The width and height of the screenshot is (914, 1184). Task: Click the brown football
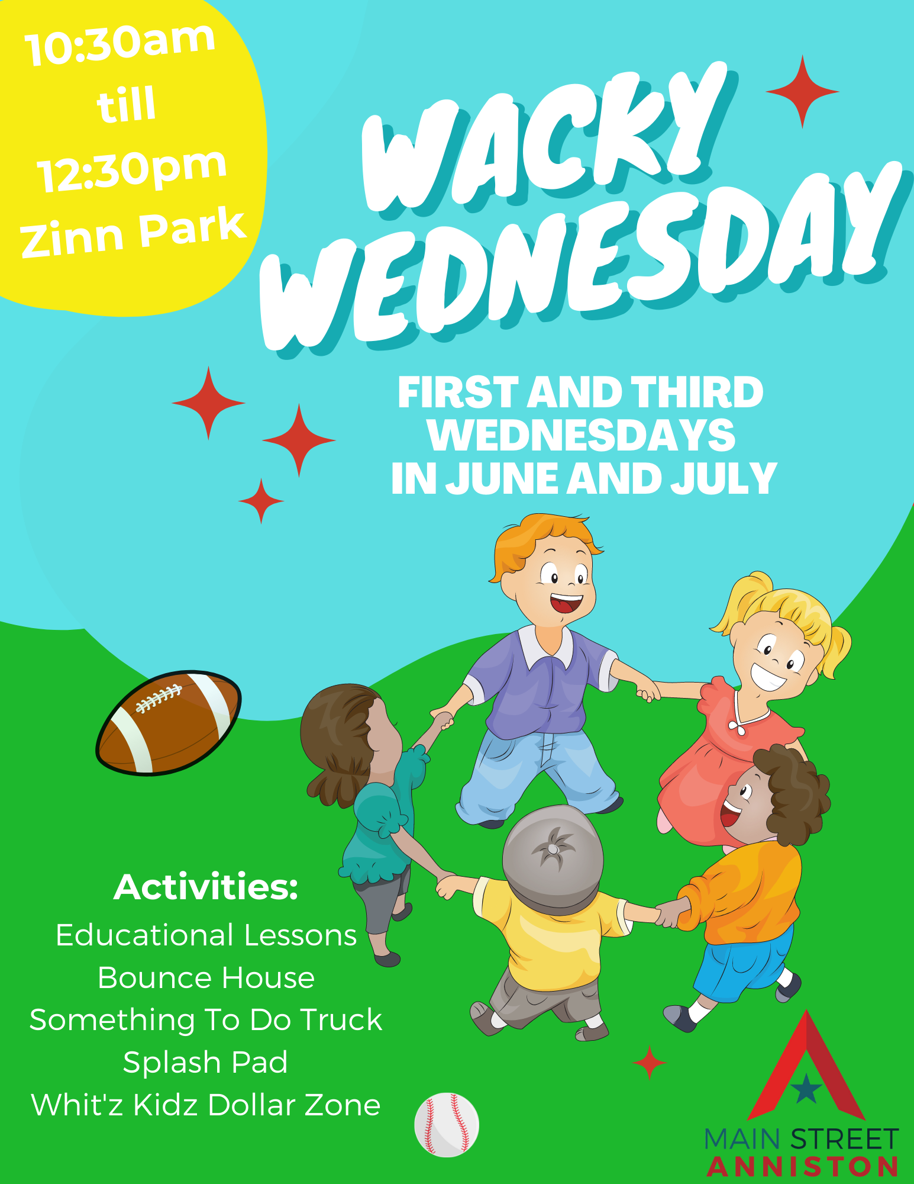tap(169, 722)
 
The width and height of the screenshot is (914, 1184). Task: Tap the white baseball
tap(447, 1125)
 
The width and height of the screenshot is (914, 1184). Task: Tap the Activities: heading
tap(206, 887)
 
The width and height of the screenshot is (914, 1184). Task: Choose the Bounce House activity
tap(206, 977)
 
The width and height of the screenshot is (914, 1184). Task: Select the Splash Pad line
tap(205, 1062)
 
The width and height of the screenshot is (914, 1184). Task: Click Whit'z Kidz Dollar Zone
tap(205, 1105)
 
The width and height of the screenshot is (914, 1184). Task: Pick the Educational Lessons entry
tap(206, 935)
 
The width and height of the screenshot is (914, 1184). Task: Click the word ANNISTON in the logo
tap(802, 1167)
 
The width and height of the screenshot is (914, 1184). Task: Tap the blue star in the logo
tap(806, 1090)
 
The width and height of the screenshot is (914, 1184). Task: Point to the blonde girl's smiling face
tap(775, 654)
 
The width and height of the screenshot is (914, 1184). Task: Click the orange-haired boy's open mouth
tap(566, 604)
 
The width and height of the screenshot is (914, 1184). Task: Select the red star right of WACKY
tap(802, 92)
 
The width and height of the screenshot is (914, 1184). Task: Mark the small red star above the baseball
tap(650, 1062)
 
